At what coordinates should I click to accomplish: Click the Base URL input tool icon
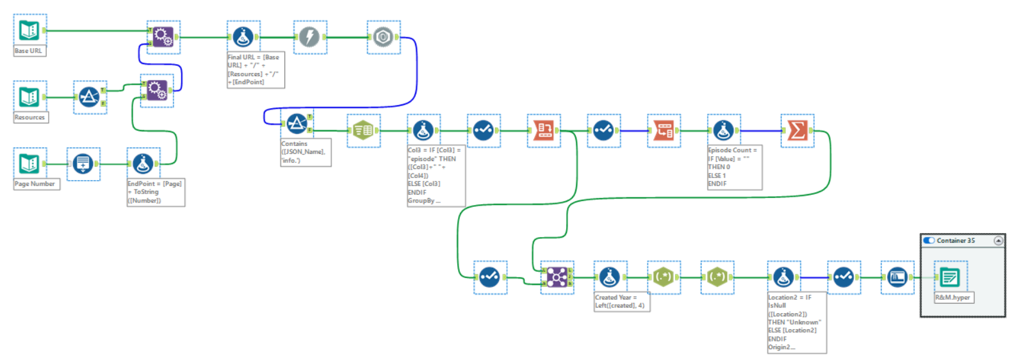point(29,30)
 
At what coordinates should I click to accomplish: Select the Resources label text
point(29,118)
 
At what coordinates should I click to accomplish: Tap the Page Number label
point(35,184)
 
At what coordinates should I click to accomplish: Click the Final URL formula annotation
point(255,70)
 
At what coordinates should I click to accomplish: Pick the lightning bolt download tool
point(310,37)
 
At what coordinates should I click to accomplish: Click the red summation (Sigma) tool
point(797,131)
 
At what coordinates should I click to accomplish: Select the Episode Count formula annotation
point(733,167)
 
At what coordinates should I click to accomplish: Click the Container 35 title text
point(956,241)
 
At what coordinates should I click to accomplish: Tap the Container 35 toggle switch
point(929,241)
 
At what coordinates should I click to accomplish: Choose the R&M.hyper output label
point(953,298)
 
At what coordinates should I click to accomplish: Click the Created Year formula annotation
point(621,302)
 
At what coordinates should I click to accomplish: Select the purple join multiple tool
point(557,277)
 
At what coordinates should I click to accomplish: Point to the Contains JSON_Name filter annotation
point(305,152)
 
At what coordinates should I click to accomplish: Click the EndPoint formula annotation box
point(155,192)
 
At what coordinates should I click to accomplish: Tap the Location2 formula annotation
point(796,323)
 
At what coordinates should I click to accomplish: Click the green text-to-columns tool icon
point(363,131)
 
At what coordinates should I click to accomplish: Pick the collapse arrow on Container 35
point(998,241)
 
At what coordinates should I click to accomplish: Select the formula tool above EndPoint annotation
point(143,164)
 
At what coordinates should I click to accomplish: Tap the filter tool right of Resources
point(89,97)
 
